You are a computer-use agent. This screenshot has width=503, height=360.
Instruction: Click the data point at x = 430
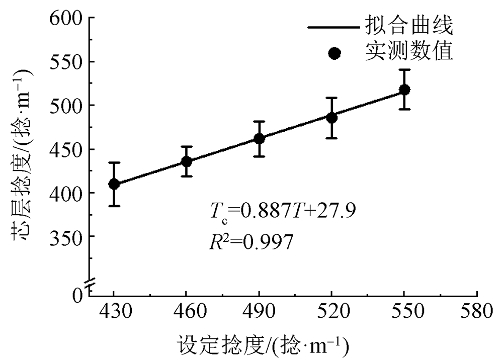click(x=114, y=184)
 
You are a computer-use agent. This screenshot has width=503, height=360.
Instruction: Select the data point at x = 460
click(x=187, y=162)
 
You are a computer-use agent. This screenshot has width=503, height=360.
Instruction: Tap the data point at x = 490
click(x=259, y=138)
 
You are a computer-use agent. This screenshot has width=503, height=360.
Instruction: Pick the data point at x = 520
click(x=331, y=118)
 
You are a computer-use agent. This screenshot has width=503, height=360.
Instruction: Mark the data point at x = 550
click(x=404, y=90)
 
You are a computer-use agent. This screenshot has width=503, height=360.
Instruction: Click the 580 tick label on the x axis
click(x=476, y=312)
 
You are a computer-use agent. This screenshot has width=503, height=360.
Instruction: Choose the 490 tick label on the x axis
click(x=259, y=312)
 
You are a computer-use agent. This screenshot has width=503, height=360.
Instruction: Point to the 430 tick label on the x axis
click(x=114, y=312)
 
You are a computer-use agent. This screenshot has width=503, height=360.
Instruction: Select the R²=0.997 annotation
click(x=250, y=242)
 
